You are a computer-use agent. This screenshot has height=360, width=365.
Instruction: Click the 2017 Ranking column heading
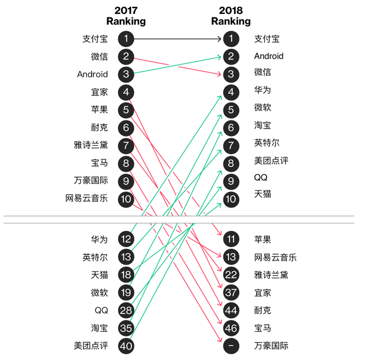pos(126,16)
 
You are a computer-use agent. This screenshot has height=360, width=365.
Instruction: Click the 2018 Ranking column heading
pos(231,16)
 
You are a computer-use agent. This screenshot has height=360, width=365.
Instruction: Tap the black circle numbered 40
pos(126,346)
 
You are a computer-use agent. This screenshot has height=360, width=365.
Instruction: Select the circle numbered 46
pos(231,328)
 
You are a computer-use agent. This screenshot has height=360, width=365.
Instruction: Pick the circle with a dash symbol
pos(231,346)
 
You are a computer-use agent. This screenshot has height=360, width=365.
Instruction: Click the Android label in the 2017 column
pos(93,74)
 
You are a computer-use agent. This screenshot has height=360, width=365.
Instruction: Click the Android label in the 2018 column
pos(269,56)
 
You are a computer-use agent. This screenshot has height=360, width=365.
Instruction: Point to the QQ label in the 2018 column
pos(261,178)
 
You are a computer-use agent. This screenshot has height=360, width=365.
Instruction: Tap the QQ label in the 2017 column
pos(101,310)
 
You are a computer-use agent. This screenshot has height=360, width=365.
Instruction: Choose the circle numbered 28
pos(126,310)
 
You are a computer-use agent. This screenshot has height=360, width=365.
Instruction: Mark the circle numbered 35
pos(126,328)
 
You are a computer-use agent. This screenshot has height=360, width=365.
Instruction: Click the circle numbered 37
pos(231,292)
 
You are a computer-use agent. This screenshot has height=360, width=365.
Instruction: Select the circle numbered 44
pos(231,310)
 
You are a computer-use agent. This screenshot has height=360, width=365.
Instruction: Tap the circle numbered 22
pos(231,275)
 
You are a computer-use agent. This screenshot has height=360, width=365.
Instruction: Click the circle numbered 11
pos(231,239)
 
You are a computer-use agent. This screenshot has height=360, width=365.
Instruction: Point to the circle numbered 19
pos(126,292)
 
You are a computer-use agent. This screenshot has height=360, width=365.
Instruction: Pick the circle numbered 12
pos(126,239)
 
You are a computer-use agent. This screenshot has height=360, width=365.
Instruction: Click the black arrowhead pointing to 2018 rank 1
pos(220,39)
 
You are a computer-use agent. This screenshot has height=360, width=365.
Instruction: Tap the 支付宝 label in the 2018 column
pos(267,39)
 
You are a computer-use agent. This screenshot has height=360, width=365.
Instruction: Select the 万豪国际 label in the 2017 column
pos(91,181)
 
